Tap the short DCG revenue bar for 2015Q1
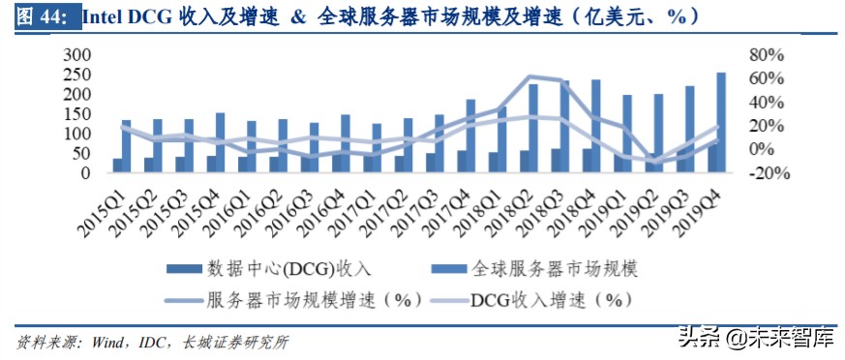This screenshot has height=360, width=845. click(117, 165)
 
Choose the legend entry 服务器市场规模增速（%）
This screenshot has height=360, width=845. click(310, 299)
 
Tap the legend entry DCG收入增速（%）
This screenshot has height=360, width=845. click(550, 299)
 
